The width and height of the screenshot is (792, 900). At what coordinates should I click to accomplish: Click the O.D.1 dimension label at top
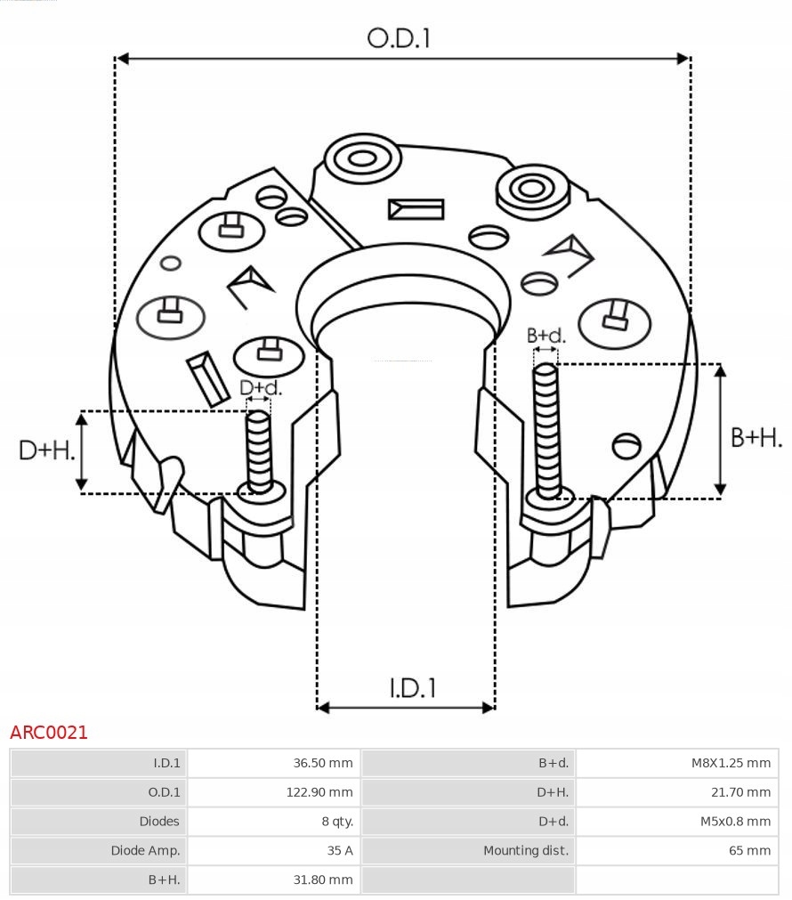399,37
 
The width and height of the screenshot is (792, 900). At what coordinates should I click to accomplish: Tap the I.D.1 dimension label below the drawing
412,687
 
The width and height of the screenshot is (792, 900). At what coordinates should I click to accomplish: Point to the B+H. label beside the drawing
756,437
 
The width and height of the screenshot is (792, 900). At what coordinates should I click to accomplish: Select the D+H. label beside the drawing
45,450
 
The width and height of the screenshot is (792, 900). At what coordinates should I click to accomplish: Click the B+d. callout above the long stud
546,336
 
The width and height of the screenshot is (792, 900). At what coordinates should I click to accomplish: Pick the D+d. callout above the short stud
260,388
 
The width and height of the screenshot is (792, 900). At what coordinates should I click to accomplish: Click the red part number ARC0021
49,733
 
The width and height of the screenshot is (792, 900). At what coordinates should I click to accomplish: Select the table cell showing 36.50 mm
322,763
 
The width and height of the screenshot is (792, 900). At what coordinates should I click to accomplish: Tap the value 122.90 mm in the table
319,792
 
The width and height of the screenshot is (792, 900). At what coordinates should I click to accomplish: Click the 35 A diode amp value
339,850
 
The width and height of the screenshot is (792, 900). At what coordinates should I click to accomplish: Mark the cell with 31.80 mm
322,880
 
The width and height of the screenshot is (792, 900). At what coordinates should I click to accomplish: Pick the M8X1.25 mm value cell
731,763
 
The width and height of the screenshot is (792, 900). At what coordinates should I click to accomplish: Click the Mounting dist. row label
525,850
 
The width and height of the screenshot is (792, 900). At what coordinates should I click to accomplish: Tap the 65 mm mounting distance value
749,850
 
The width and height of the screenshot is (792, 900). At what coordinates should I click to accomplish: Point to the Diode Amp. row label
145,850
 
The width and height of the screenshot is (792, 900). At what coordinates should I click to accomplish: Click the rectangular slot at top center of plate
416,209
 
